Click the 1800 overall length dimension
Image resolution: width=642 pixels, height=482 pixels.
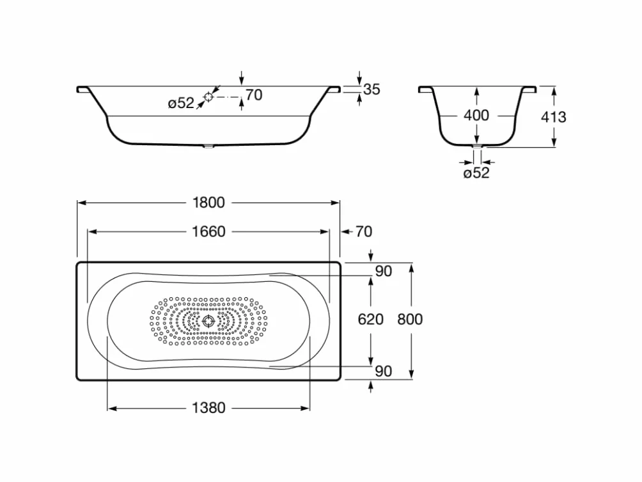pyautogui.click(x=208, y=203)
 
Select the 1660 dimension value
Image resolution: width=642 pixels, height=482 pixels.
pyautogui.click(x=208, y=231)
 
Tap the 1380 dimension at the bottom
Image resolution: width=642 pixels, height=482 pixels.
pyautogui.click(x=208, y=408)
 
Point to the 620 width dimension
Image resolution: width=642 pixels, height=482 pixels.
pyautogui.click(x=370, y=319)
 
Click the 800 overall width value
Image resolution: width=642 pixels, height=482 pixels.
pyautogui.click(x=410, y=319)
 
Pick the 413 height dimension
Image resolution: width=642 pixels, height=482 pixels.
pyautogui.click(x=554, y=117)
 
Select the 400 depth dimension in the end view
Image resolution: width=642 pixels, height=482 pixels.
pyautogui.click(x=476, y=115)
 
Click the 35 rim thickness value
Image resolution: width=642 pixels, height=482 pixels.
pyautogui.click(x=372, y=89)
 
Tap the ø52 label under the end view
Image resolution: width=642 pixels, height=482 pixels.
pyautogui.click(x=476, y=173)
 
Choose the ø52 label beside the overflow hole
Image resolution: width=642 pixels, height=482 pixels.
pyautogui.click(x=181, y=103)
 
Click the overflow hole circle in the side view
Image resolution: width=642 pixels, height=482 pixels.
pyautogui.click(x=208, y=97)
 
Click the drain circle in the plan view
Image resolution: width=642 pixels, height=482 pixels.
pyautogui.click(x=208, y=321)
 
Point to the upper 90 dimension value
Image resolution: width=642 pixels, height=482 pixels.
pyautogui.click(x=383, y=271)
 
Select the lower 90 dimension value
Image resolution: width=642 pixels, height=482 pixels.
pyautogui.click(x=383, y=371)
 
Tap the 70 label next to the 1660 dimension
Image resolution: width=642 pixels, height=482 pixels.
pyautogui.click(x=364, y=231)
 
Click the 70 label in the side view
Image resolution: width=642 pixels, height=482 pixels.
pyautogui.click(x=254, y=95)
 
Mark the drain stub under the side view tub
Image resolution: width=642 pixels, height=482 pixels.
pyautogui.click(x=208, y=146)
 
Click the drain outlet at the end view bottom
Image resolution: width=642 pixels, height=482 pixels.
pyautogui.click(x=477, y=146)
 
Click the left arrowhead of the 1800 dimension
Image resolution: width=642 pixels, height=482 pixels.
pyautogui.click(x=81, y=203)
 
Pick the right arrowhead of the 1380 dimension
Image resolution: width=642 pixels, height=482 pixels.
pyautogui.click(x=305, y=408)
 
